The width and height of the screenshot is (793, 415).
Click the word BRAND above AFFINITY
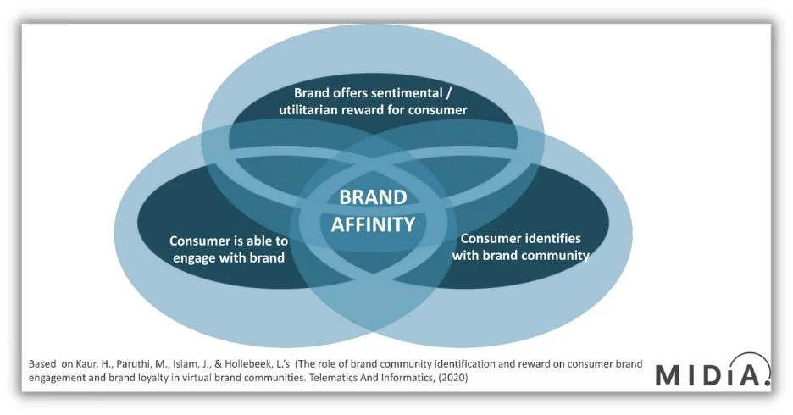point(373,197)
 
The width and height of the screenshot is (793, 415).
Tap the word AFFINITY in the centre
point(373,224)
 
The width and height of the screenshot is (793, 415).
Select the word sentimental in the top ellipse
point(410,92)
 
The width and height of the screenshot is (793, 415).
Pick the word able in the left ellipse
point(252,241)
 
